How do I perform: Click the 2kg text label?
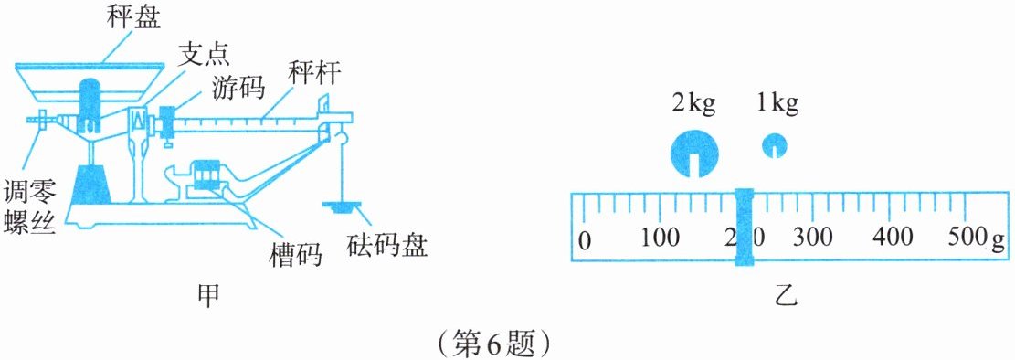(x=694, y=104)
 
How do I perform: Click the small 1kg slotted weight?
(x=774, y=145)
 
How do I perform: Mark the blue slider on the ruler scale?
(x=745, y=227)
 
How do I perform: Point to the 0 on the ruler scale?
(x=584, y=241)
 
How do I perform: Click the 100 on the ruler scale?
(x=660, y=238)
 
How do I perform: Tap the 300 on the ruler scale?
(x=813, y=238)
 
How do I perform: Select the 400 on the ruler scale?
(x=893, y=238)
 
